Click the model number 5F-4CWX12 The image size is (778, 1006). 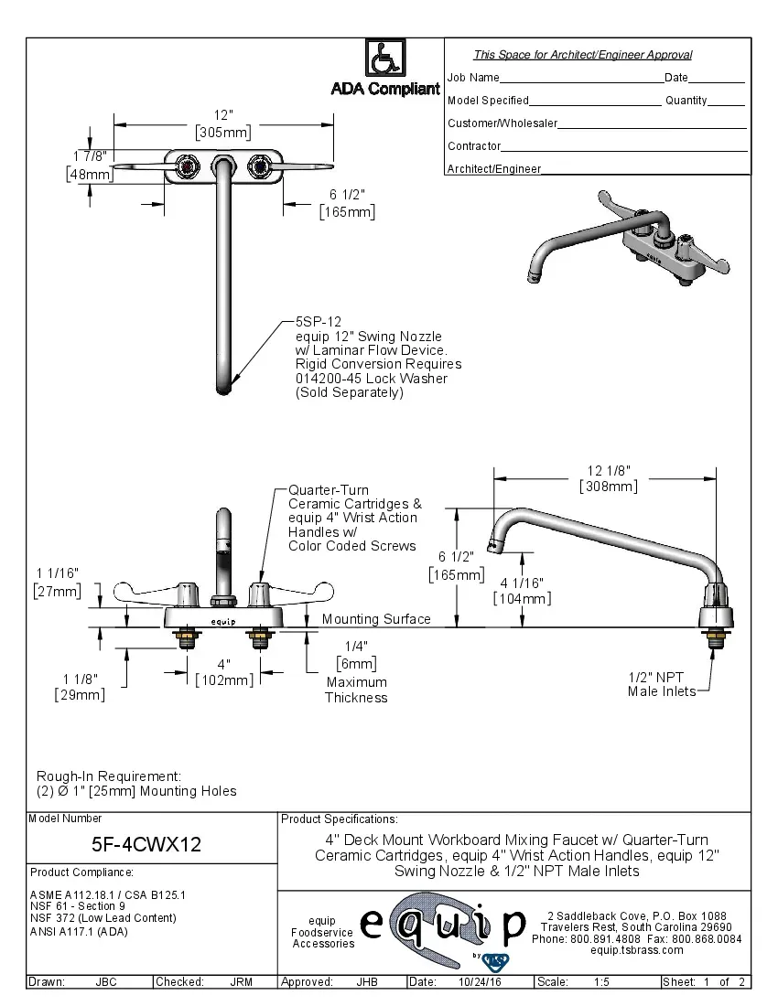click(x=146, y=844)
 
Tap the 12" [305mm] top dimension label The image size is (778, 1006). click(x=223, y=123)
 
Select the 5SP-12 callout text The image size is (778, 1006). click(x=318, y=322)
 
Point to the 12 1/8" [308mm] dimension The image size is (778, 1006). click(x=608, y=478)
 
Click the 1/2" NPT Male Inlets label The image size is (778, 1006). click(x=655, y=684)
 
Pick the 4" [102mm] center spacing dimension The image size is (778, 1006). click(x=223, y=671)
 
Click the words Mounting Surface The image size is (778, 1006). click(x=376, y=619)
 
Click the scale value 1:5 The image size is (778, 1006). click(x=601, y=982)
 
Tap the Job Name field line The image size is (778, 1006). click(x=581, y=79)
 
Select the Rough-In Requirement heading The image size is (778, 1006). click(x=109, y=776)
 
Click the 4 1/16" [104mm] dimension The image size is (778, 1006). click(x=522, y=591)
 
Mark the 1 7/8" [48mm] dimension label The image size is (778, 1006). click(x=89, y=165)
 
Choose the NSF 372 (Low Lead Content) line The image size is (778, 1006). click(x=103, y=918)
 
